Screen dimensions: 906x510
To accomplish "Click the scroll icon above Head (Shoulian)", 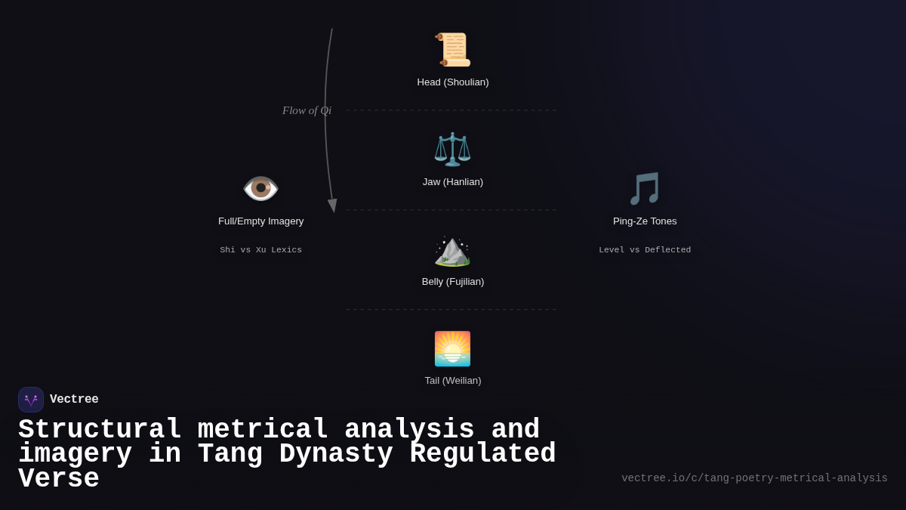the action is click(x=452, y=50).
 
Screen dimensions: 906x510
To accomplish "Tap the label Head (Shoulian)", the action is click(x=453, y=82).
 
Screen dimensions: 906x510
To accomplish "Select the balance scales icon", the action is click(x=452, y=149).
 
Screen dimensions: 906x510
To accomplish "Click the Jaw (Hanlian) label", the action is click(x=453, y=182).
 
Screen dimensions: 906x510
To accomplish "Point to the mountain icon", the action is click(x=452, y=250).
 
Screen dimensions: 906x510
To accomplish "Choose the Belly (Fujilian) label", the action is click(x=453, y=282).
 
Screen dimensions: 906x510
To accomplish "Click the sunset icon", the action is click(x=452, y=348).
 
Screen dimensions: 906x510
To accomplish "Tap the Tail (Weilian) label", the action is click(x=453, y=381).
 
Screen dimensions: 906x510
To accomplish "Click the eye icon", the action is click(x=260, y=188).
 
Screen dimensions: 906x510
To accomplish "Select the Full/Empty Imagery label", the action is click(x=261, y=221).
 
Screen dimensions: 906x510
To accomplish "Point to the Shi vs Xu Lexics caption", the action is click(x=261, y=250).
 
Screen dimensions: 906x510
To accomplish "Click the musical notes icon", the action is click(x=645, y=188).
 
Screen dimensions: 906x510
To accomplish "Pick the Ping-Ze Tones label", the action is click(x=645, y=221).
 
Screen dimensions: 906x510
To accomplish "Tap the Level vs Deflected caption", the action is click(x=645, y=250).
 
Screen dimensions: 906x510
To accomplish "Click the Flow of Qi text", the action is click(x=307, y=110).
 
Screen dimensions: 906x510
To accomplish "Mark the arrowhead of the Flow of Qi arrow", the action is click(x=332, y=206).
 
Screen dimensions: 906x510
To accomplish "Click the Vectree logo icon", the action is click(x=31, y=400).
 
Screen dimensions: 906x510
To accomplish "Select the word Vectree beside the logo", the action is click(x=74, y=400).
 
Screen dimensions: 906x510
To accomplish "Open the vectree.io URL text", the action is click(x=754, y=478).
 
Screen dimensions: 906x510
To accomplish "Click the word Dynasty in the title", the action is click(x=337, y=454).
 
